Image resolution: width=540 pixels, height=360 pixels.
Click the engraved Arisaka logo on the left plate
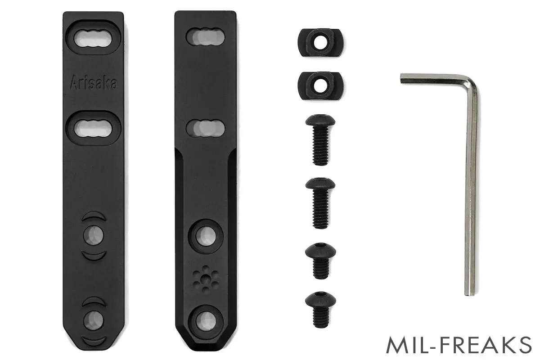(94, 82)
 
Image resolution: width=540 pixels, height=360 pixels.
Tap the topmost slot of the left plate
(93, 38)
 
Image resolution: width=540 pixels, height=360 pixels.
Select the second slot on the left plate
(93, 128)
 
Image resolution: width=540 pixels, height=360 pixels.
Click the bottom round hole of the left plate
(94, 321)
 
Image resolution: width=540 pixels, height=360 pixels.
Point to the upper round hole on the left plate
(94, 235)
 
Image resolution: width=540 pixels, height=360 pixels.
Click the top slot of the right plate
(205, 37)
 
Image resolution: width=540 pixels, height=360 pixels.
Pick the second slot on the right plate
(205, 128)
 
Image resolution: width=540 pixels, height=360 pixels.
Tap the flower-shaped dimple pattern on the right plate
(206, 279)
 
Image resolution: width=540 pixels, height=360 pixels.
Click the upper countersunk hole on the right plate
(206, 236)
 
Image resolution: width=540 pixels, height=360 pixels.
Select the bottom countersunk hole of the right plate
(206, 322)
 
